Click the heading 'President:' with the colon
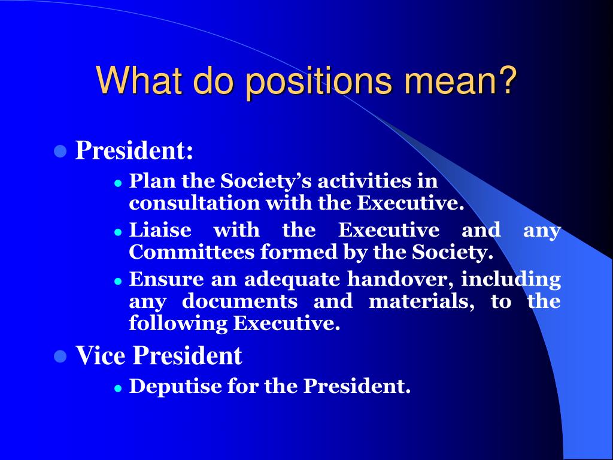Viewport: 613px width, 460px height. [x=134, y=151]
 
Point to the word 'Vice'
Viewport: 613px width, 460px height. [x=100, y=356]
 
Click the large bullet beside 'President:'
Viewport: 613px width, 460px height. [x=59, y=150]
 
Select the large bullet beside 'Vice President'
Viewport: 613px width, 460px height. [x=59, y=356]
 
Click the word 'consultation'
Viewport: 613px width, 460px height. [x=195, y=204]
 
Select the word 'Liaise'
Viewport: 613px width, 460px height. [x=160, y=230]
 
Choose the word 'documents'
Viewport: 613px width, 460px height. [x=239, y=301]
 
